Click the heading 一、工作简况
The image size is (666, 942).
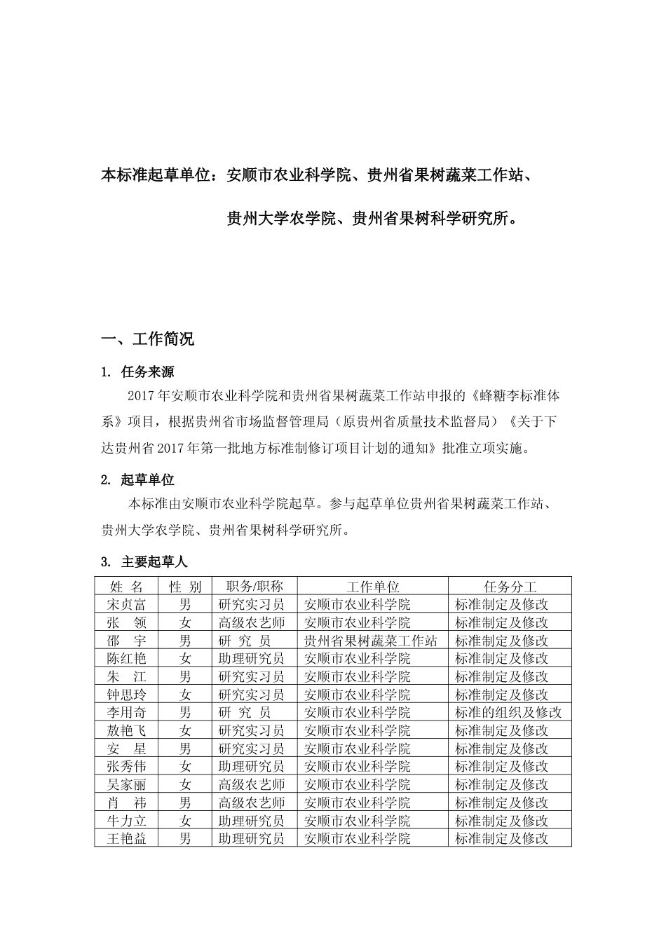(x=148, y=340)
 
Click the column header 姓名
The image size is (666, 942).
(x=126, y=587)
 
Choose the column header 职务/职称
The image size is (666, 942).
(x=254, y=587)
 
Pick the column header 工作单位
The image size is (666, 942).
(x=372, y=587)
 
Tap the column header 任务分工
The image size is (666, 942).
(x=510, y=587)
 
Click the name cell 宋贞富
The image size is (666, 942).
(x=126, y=604)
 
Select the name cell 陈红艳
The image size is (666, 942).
(x=126, y=658)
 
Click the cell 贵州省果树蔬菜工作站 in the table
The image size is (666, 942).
(x=371, y=641)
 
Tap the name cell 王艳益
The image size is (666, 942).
(x=126, y=839)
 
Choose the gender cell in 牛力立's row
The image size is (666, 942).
(x=185, y=821)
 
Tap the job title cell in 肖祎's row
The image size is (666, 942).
(x=252, y=803)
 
